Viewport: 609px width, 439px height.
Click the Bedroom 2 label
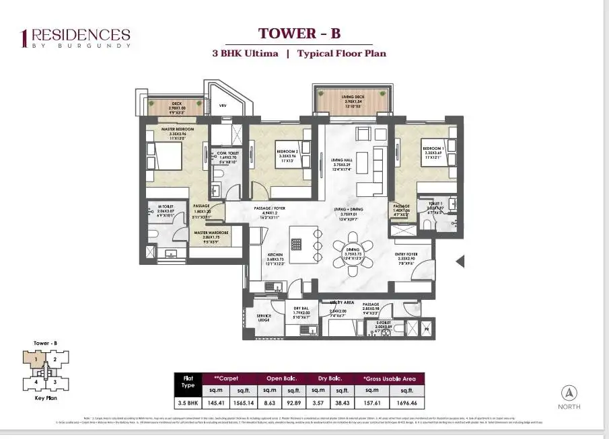[287, 152]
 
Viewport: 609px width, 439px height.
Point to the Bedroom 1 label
[432, 147]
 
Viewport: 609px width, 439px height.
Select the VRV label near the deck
[223, 106]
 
